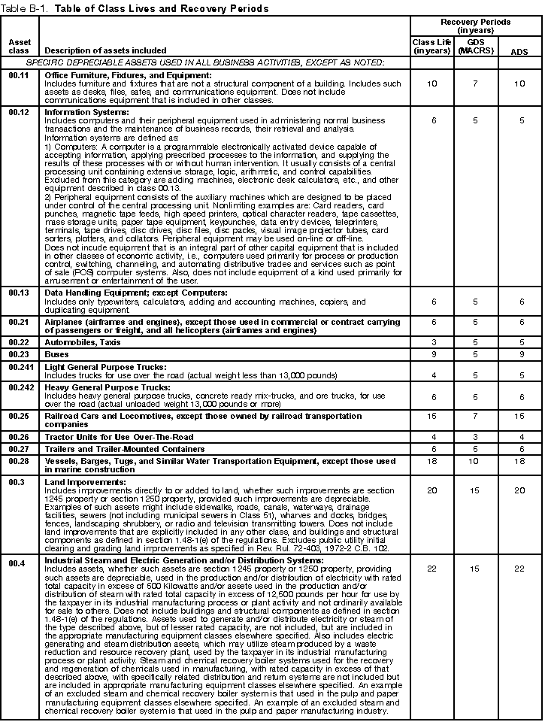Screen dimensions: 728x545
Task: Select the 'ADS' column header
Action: coord(519,51)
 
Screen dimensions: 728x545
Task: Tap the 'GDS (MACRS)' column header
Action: coord(475,45)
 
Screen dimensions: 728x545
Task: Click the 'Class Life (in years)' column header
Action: coord(431,45)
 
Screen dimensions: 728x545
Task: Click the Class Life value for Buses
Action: coord(431,354)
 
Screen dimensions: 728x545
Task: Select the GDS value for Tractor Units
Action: coord(475,437)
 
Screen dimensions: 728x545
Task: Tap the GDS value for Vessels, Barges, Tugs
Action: coord(475,460)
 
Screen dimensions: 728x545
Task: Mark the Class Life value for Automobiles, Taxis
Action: coord(431,342)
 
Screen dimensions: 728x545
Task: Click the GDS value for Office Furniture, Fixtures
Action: coord(475,83)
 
